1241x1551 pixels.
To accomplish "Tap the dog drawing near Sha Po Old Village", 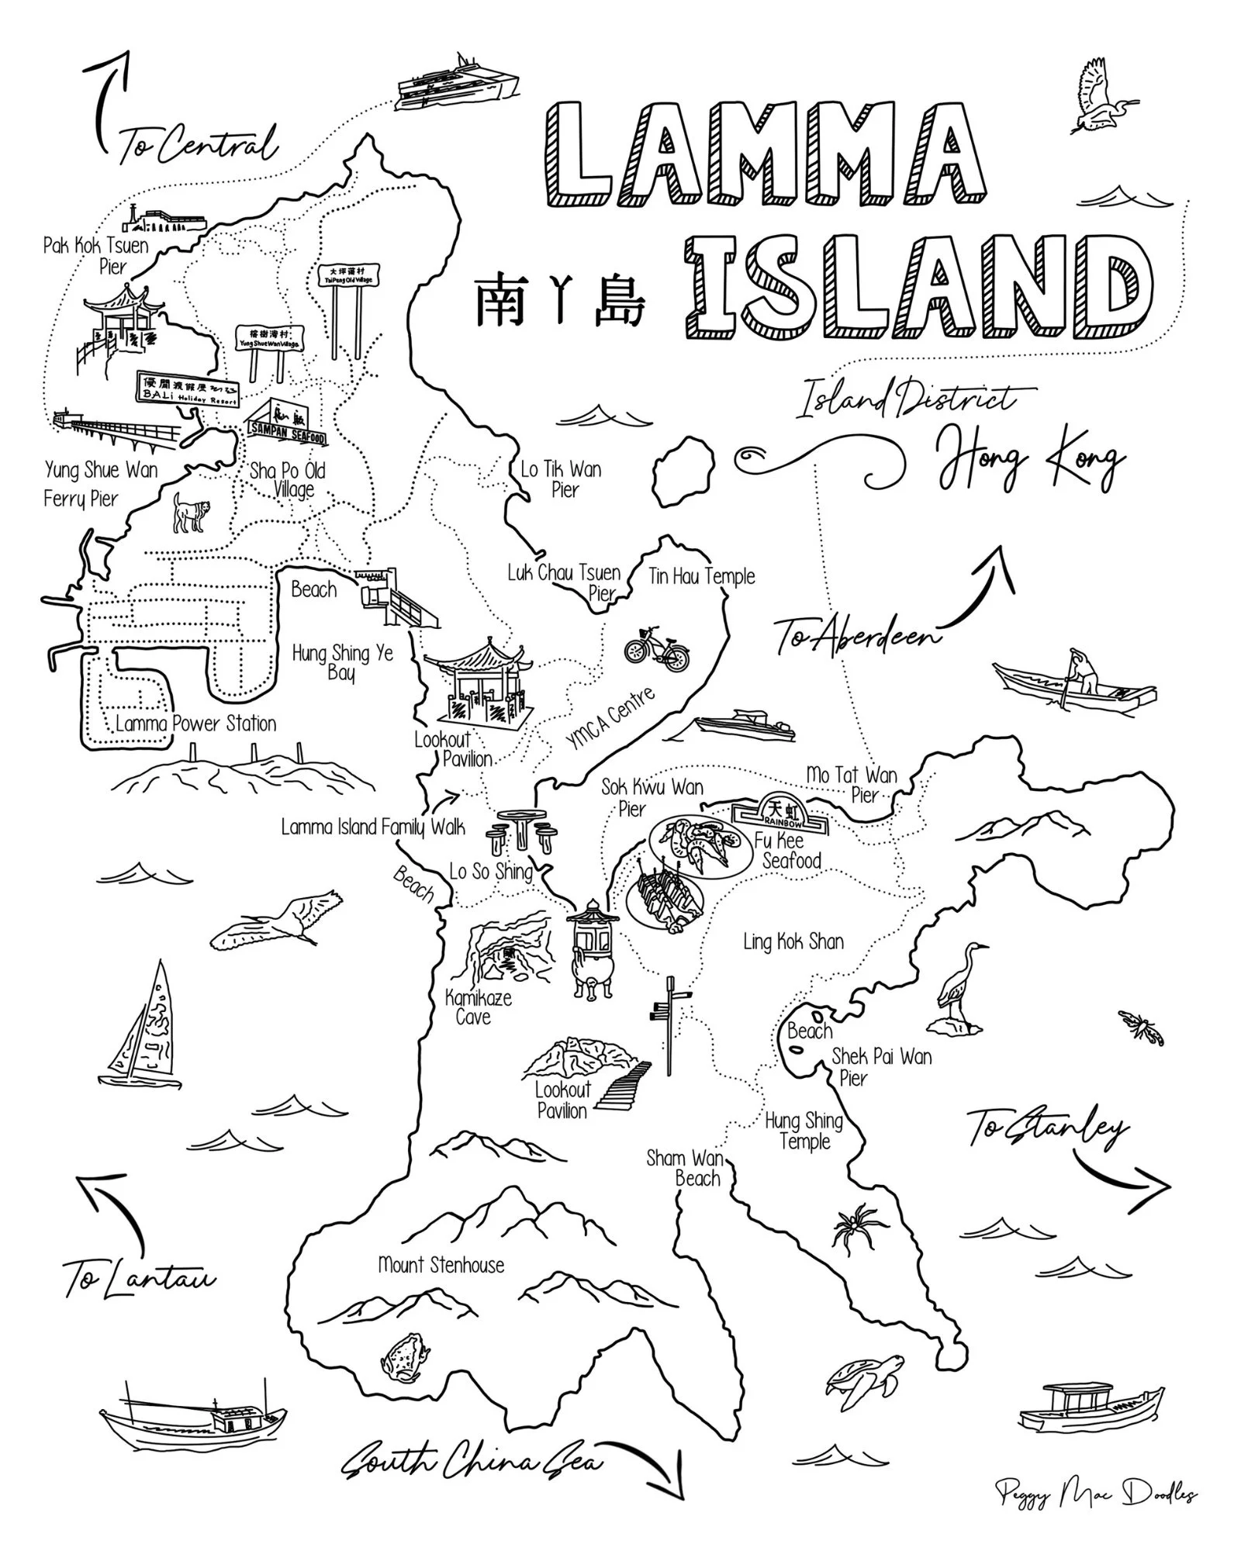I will point(191,512).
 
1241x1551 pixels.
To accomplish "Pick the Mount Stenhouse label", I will point(441,1265).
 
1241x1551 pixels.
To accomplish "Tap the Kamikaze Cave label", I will point(478,1007).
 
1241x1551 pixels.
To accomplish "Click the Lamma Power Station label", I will point(195,724).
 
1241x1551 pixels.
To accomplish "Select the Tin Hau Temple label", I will point(701,576).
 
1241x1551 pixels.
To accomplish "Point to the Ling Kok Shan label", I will point(793,941).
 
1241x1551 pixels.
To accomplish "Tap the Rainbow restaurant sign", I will point(780,812).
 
